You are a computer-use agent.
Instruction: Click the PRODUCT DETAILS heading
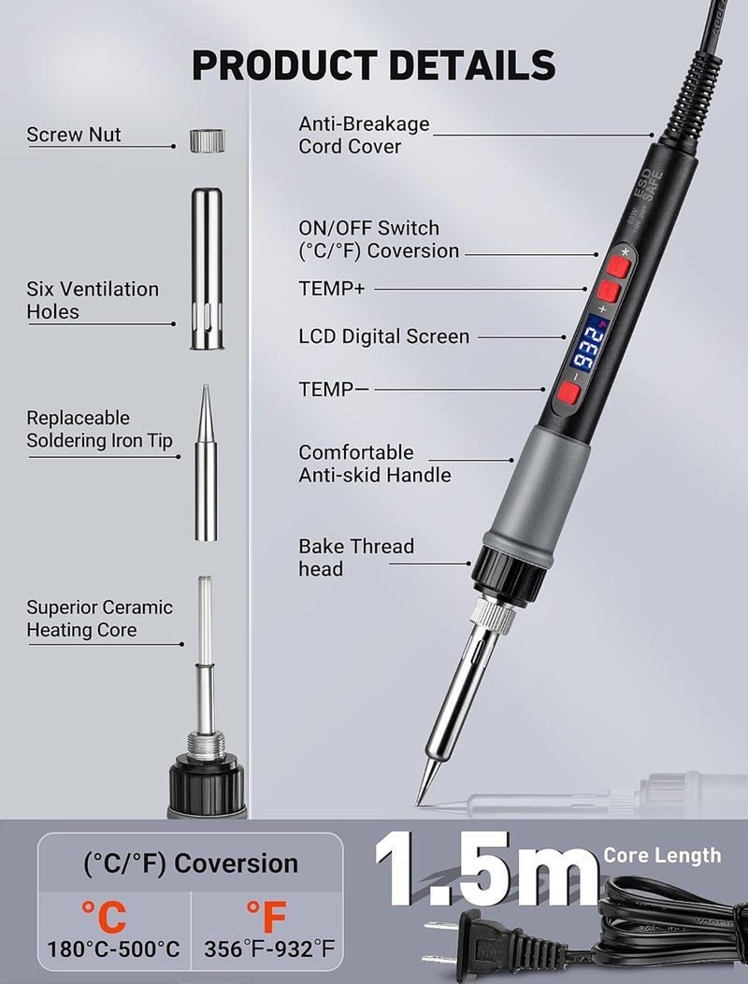pyautogui.click(x=374, y=65)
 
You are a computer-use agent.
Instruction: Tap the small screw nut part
pyautogui.click(x=208, y=140)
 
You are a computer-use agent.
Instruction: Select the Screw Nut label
pyautogui.click(x=74, y=135)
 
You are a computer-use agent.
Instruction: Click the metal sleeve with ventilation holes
pyautogui.click(x=207, y=268)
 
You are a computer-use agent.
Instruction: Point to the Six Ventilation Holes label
pyautogui.click(x=93, y=300)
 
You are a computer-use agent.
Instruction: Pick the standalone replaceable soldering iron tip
pyautogui.click(x=206, y=463)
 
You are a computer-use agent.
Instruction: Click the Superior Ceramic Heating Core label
pyautogui.click(x=99, y=618)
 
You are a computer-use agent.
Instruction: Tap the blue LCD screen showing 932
pyautogui.click(x=588, y=343)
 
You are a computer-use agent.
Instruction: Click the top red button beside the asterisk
pyautogui.click(x=619, y=265)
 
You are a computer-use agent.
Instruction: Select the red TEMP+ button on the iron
pyautogui.click(x=609, y=292)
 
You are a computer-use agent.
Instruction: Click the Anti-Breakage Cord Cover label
pyautogui.click(x=364, y=135)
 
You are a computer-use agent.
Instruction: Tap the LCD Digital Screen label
pyautogui.click(x=383, y=336)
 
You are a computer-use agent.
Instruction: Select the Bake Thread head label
pyautogui.click(x=356, y=557)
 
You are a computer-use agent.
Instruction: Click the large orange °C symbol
pyautogui.click(x=104, y=916)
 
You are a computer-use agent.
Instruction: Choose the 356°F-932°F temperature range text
pyautogui.click(x=268, y=948)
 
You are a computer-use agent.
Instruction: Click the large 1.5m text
pyautogui.click(x=487, y=868)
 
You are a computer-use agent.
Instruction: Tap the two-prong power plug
pyautogui.click(x=496, y=939)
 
